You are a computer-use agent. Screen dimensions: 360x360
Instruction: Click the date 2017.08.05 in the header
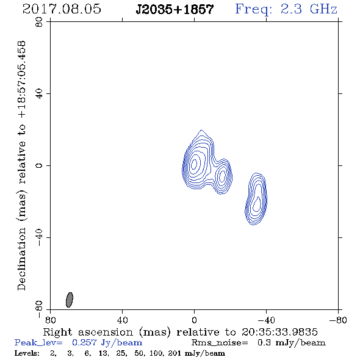(62, 9)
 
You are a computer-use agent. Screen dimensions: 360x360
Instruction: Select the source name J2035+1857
(175, 9)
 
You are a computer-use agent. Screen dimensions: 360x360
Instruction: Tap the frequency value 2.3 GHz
(309, 9)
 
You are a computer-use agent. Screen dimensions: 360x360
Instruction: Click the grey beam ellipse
(70, 300)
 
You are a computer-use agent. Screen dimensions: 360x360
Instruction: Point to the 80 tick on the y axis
(39, 22)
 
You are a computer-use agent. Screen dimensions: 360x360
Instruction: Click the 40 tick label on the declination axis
(39, 94)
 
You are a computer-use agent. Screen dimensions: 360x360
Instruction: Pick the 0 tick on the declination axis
(39, 165)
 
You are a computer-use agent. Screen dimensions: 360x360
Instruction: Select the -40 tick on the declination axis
(39, 237)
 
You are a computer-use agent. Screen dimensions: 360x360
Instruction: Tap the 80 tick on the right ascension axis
(50, 320)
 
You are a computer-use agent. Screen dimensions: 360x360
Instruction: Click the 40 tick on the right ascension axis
(122, 320)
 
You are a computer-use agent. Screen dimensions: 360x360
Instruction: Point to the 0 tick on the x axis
(194, 320)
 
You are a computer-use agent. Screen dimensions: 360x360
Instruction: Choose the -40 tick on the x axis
(266, 320)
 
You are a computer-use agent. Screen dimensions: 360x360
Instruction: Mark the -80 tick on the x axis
(338, 320)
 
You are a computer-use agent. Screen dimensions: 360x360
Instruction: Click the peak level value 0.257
(84, 342)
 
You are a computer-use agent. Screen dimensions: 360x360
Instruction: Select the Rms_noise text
(220, 343)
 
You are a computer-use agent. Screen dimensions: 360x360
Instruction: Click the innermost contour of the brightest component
(194, 164)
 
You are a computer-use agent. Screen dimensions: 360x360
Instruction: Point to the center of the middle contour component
(222, 176)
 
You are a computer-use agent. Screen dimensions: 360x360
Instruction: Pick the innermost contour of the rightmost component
(256, 204)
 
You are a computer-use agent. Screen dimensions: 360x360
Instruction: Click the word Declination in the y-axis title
(21, 259)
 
